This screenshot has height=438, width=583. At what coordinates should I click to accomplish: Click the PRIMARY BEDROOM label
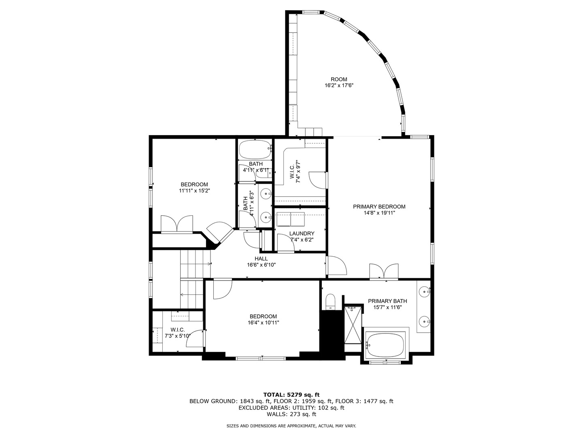(379, 206)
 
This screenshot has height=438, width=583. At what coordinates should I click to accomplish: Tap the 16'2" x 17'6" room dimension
(338, 86)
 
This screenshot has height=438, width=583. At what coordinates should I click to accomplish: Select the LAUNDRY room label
(302, 234)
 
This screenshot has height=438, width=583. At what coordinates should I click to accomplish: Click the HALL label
(261, 259)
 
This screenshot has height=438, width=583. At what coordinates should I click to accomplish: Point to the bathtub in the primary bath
(385, 345)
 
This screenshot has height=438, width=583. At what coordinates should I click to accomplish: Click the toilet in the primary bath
(331, 302)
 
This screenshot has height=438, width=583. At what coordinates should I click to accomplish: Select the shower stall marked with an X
(352, 325)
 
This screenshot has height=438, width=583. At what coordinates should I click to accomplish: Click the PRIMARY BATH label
(387, 301)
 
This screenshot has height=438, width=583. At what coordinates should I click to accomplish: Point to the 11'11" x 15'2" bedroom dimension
(194, 191)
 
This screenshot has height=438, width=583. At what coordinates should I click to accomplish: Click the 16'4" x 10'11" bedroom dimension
(263, 323)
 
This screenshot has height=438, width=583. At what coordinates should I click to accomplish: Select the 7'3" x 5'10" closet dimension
(177, 336)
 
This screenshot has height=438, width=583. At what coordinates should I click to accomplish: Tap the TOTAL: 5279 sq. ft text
(291, 394)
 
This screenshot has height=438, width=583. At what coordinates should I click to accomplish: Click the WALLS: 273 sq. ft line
(291, 414)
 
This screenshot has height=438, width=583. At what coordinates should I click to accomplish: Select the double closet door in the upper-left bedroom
(177, 224)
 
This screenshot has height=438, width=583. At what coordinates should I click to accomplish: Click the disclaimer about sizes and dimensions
(291, 426)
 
